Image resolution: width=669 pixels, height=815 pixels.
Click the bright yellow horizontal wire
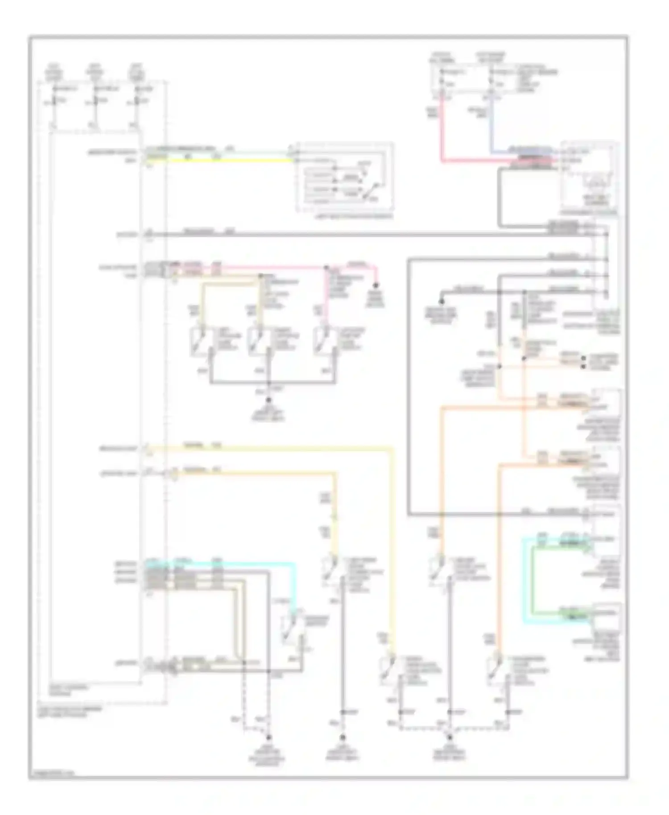pyautogui.click(x=223, y=160)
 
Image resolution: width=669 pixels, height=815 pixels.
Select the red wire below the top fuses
pyautogui.click(x=442, y=134)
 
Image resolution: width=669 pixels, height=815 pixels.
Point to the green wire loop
pyautogui.click(x=533, y=580)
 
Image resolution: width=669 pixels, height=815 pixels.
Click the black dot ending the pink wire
pyautogui.click(x=376, y=285)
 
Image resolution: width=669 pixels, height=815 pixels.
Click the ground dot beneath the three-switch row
pyautogui.click(x=268, y=400)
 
